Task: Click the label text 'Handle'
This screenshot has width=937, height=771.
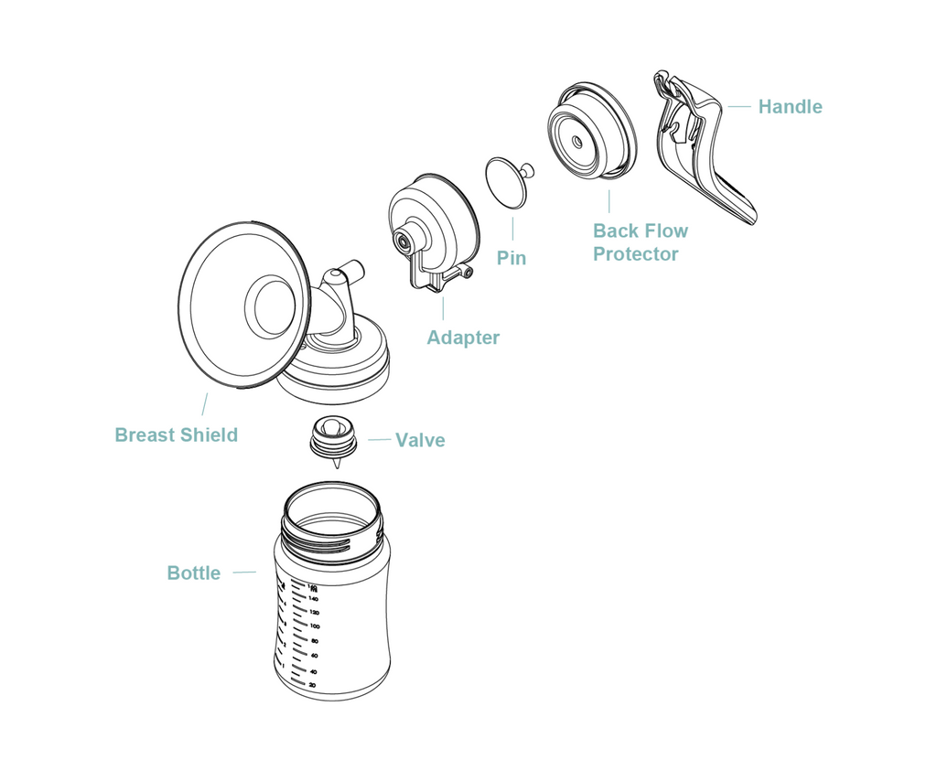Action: [790, 107]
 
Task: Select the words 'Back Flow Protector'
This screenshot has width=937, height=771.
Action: [640, 242]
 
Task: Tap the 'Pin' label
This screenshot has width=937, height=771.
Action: [512, 258]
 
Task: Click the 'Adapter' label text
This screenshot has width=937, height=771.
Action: [463, 337]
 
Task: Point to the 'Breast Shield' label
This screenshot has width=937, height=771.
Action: [176, 435]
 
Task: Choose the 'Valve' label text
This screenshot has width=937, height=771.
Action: [420, 440]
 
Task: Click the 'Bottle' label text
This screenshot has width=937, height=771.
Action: [193, 573]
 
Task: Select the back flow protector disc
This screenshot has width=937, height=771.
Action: [590, 134]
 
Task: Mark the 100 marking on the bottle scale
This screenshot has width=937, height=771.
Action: [314, 626]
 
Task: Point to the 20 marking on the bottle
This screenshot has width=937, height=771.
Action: [312, 684]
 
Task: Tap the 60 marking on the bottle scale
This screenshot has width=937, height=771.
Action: [313, 655]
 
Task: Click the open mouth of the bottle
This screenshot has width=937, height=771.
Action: [330, 508]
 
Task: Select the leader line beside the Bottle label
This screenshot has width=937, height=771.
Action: [243, 573]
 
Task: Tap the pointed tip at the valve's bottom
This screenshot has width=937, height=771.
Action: [337, 466]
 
